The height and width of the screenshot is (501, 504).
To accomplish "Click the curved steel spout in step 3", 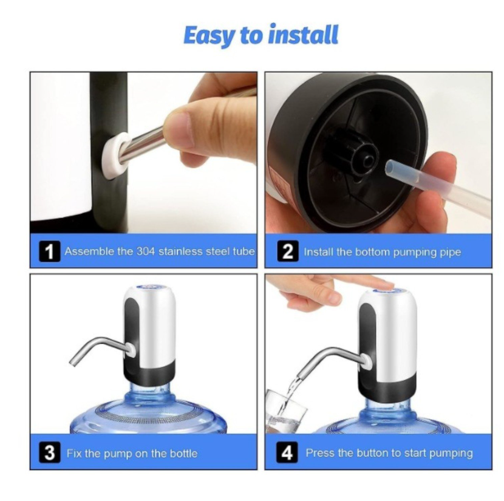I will [x=97, y=349].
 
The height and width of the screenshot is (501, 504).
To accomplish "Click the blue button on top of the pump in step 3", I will [x=149, y=291].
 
